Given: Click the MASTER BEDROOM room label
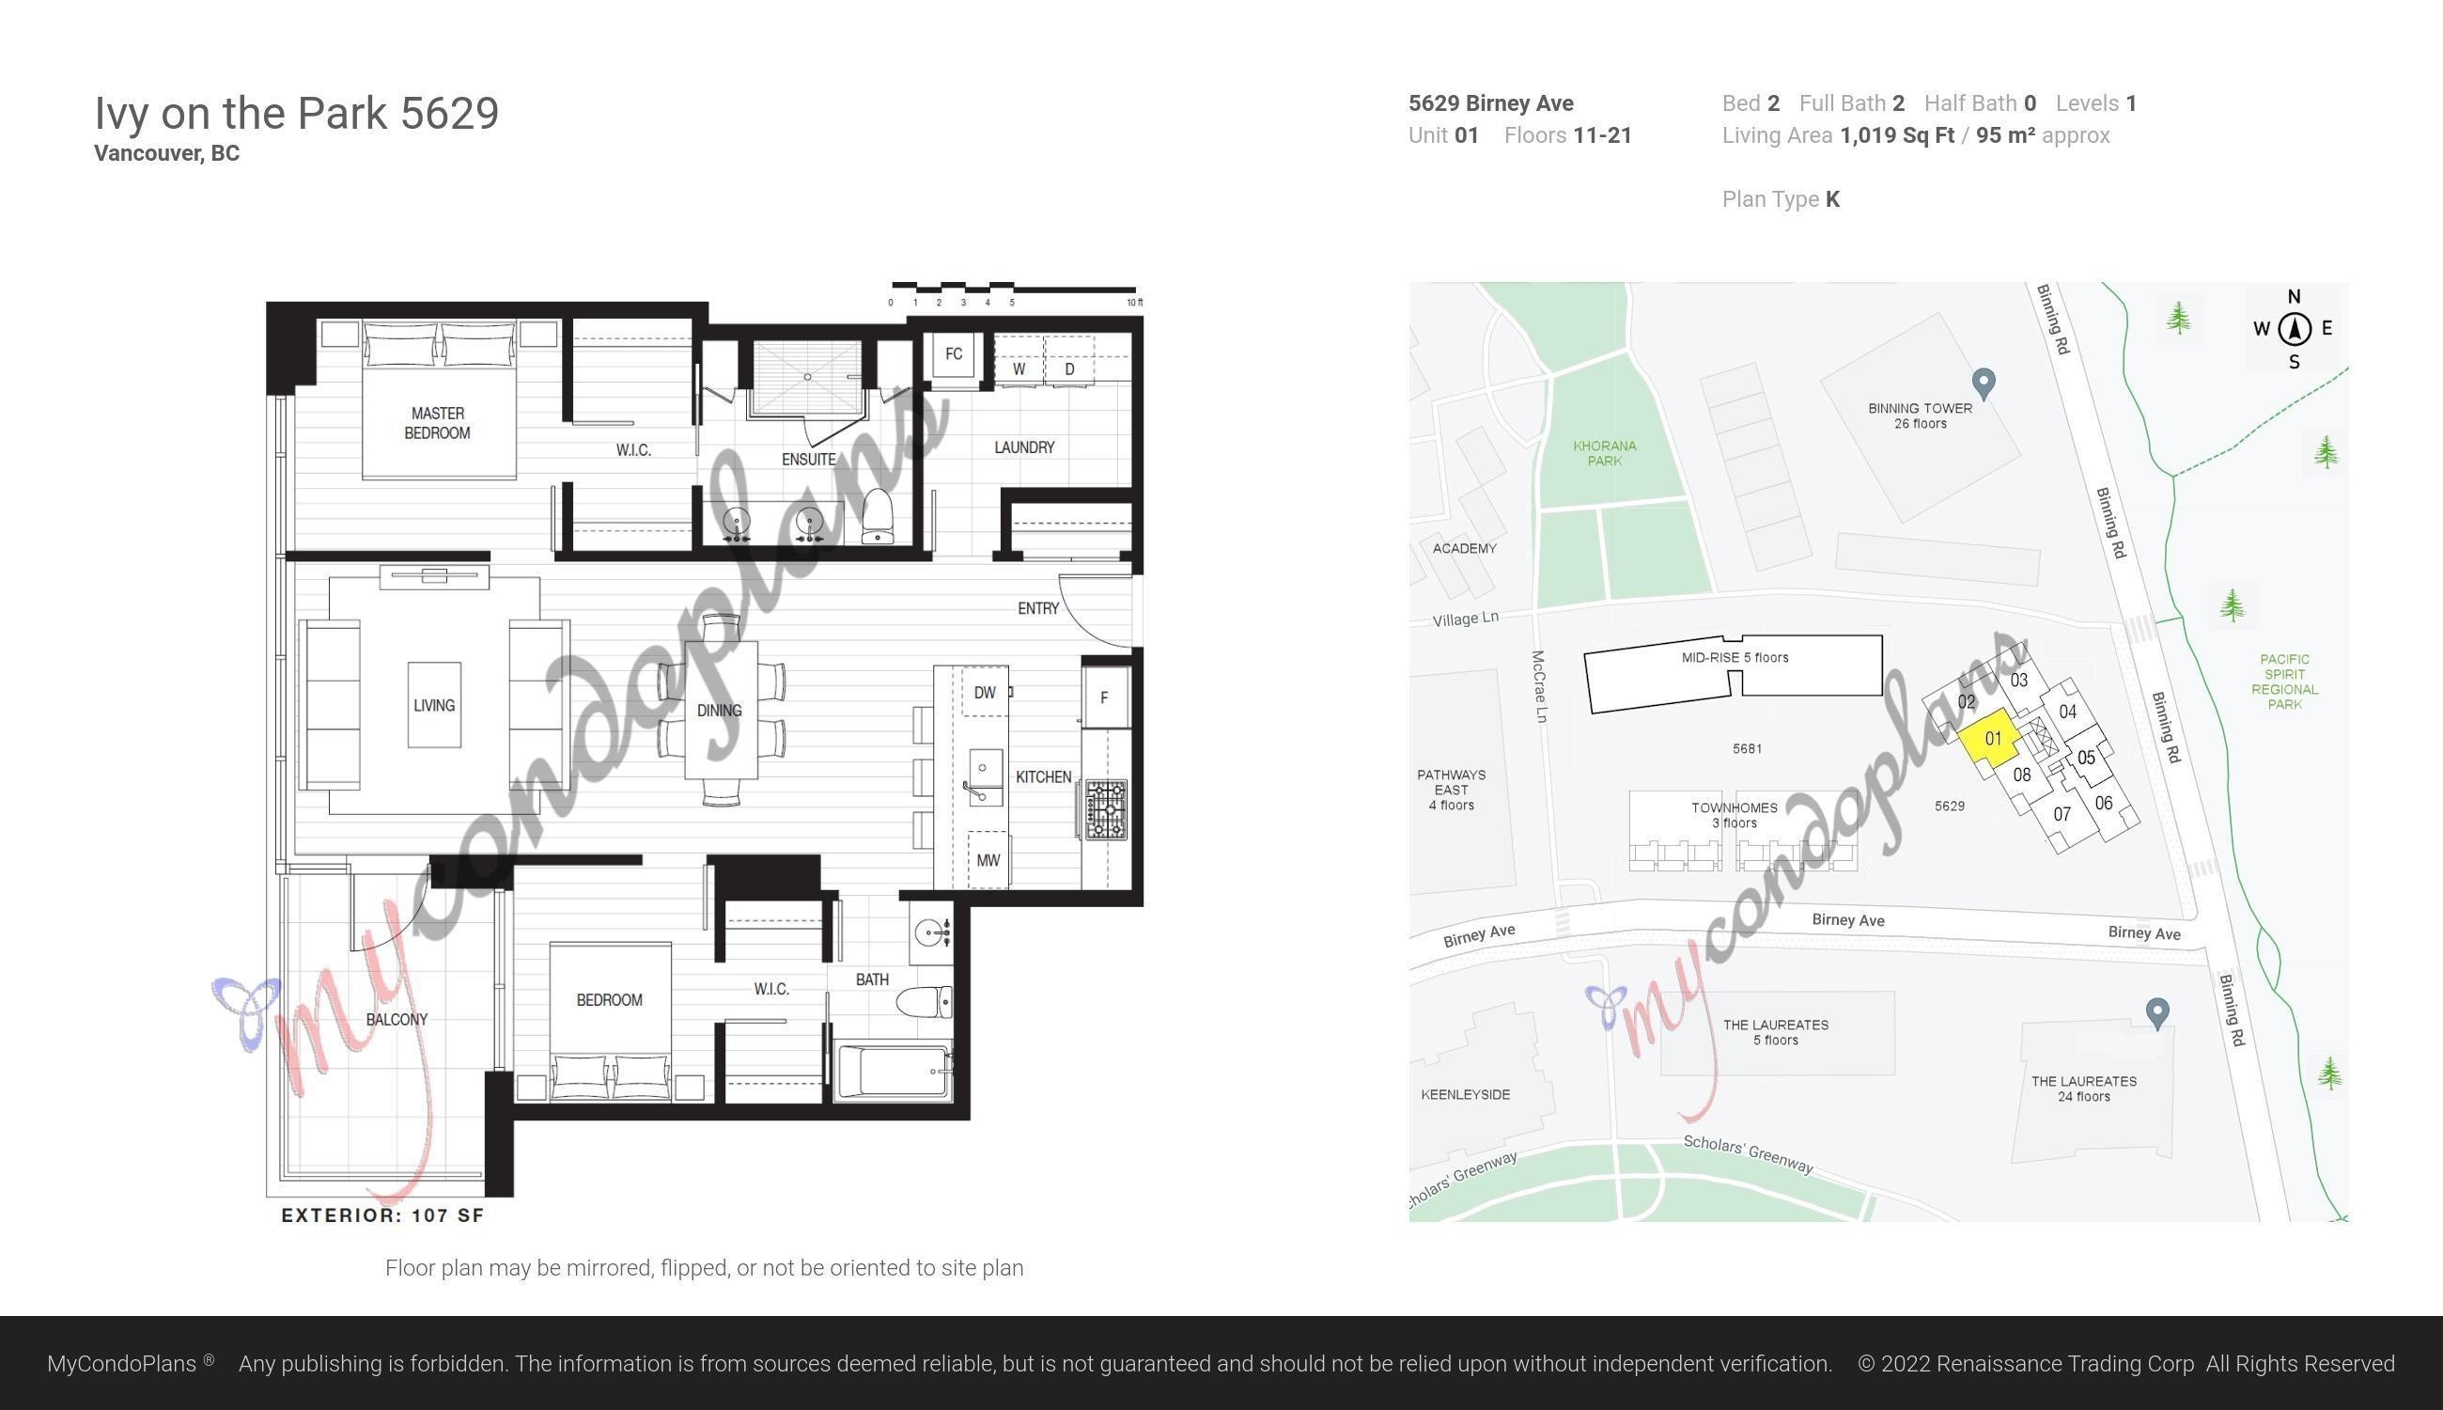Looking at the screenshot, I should (x=438, y=423).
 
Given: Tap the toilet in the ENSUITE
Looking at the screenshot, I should (x=878, y=515).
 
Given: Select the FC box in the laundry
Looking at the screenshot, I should (x=954, y=354).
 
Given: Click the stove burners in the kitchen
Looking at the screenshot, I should (x=1106, y=809).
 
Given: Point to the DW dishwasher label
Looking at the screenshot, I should (x=985, y=693).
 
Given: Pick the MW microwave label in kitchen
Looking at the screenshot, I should (x=988, y=860).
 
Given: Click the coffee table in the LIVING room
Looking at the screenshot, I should (x=433, y=705).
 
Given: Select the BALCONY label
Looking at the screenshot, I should (x=397, y=1019).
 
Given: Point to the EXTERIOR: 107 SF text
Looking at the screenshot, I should (x=382, y=1215).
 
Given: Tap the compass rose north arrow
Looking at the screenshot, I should (x=2294, y=329).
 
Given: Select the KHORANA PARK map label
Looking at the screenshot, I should (x=1604, y=453).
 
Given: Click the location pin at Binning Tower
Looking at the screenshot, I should (x=1984, y=383).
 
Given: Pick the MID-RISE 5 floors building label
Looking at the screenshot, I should (x=1735, y=658).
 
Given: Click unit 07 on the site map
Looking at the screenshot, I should (x=2062, y=814).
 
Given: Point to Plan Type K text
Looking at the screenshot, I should (x=1780, y=199).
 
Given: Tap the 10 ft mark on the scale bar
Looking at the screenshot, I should (x=1134, y=302).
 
